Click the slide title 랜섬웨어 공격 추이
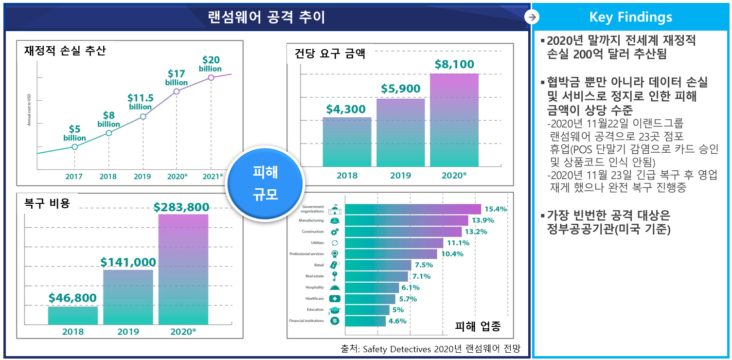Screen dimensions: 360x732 click(267, 17)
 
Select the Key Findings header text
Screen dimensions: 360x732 click(630, 17)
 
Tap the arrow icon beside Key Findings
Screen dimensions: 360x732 click(532, 17)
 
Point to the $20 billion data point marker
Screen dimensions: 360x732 click(211, 77)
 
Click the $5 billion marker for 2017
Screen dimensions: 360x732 click(74, 146)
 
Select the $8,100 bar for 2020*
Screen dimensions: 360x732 click(454, 120)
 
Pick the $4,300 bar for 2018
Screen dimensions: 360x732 click(347, 142)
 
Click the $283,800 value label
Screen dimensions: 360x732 click(181, 207)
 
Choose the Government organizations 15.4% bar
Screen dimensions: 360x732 click(413, 209)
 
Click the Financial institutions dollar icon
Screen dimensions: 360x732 click(335, 321)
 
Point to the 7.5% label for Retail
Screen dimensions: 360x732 click(423, 265)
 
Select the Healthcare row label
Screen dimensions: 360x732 click(314, 299)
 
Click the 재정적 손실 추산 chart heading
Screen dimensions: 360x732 click(65, 51)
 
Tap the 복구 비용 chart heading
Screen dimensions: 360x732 click(47, 203)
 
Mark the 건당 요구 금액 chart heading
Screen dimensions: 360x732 click(329, 53)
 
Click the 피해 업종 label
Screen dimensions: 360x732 click(477, 326)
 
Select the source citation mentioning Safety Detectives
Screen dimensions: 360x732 click(430, 348)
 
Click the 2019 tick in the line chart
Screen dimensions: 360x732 click(142, 177)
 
